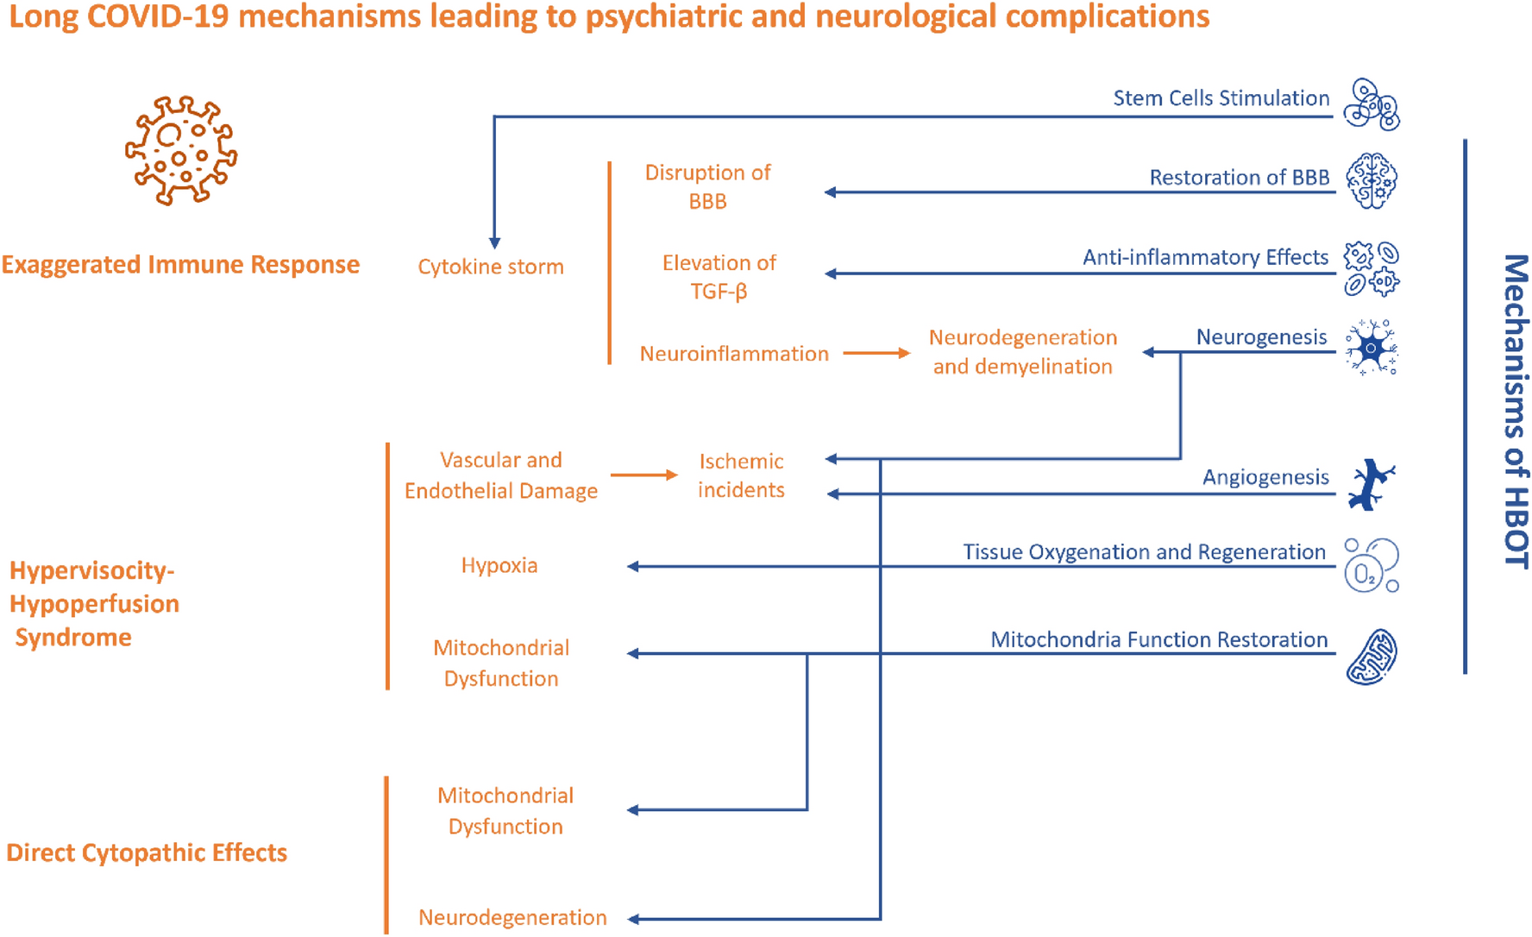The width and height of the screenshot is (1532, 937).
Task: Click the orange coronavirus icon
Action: [x=181, y=151]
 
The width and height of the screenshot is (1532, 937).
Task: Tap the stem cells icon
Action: [x=1372, y=104]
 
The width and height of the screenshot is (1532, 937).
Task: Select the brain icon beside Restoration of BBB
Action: [x=1372, y=181]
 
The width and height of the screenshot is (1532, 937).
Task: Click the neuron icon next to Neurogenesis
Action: [x=1371, y=348]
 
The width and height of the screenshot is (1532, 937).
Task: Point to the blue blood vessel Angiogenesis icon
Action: [x=1371, y=484]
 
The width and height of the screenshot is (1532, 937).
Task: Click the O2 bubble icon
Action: [x=1371, y=566]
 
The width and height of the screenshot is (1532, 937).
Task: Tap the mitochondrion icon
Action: [x=1372, y=657]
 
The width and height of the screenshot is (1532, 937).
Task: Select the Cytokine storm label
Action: [x=491, y=267]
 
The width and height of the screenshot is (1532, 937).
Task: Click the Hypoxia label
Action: [x=499, y=565]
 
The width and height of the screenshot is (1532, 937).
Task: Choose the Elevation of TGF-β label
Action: [x=719, y=276]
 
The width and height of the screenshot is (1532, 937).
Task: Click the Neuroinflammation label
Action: [x=733, y=354]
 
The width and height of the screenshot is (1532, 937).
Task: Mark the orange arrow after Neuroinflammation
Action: [x=876, y=353]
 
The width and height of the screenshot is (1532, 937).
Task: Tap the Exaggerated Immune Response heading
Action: [x=180, y=264]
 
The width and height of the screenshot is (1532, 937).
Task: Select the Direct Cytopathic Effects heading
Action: [x=147, y=852]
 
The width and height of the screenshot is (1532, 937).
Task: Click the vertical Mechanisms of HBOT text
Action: [x=1515, y=411]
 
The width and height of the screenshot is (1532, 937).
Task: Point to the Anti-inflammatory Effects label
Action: [x=1205, y=257]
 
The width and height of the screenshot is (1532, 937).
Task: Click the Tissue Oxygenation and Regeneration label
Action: [x=1144, y=551]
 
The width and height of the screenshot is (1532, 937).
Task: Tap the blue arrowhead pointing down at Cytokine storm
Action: [x=494, y=243]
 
